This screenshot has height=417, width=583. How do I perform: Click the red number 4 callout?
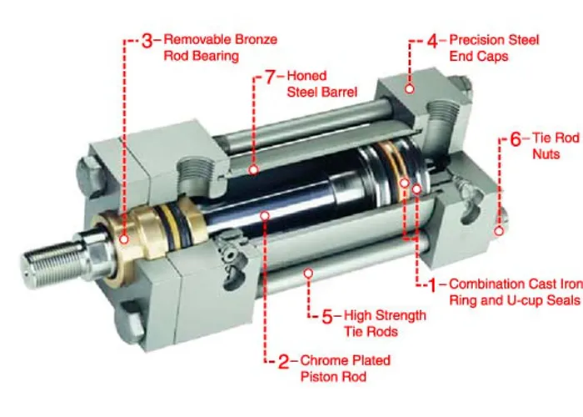pos(432,39)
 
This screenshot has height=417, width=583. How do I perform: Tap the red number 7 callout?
pos(270,77)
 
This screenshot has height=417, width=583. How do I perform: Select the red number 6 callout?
pos(515,138)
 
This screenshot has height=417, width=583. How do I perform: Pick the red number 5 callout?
pos(328,315)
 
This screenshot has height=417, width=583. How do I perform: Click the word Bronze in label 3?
pos(253,39)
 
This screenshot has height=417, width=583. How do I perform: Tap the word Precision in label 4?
pos(480,39)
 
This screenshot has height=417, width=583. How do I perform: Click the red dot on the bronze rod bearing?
pos(124,239)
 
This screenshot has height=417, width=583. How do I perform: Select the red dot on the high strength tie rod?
pos(308,271)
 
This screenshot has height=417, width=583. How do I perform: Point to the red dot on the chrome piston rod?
pos(264,215)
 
